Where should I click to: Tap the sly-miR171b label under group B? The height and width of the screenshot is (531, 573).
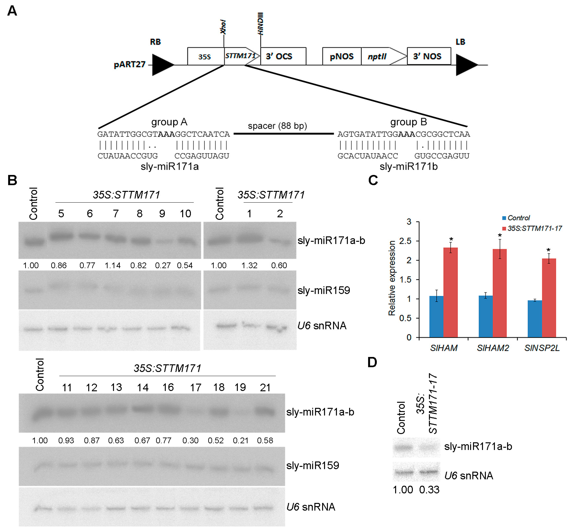[x=408, y=166]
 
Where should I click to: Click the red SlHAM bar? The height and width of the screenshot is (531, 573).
[x=450, y=292]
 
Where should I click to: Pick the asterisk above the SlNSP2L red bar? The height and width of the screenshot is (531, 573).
[x=548, y=250]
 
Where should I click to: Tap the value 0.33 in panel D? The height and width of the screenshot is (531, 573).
[x=429, y=489]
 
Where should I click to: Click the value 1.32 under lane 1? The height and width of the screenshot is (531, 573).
[x=249, y=265]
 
